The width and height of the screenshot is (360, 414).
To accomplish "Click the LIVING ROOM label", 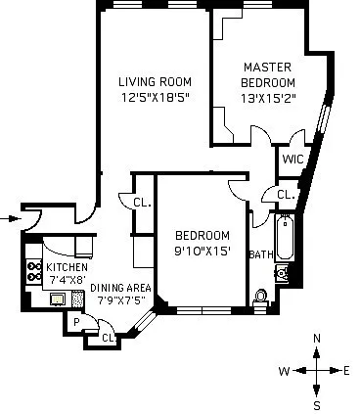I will point(154,81).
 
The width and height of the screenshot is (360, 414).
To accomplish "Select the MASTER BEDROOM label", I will point(269,74).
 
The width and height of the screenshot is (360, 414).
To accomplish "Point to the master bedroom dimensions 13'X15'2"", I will point(269,97).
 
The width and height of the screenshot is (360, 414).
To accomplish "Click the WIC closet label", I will point(292,160).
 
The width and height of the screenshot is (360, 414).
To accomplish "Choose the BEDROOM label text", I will point(202,235).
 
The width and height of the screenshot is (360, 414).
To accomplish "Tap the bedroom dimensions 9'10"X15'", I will point(202,251).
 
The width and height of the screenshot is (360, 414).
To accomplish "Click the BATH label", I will point(261,254).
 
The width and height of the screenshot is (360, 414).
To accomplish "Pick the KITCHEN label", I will point(67,267).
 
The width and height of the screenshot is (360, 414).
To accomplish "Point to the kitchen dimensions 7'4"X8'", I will point(67,280).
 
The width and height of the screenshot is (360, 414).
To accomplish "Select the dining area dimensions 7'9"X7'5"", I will point(122,299).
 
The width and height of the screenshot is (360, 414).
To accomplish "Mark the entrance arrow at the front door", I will point(11,217).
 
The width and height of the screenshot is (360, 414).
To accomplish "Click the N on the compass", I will point(316,339).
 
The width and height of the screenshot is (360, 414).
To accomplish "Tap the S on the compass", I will point(316,403).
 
